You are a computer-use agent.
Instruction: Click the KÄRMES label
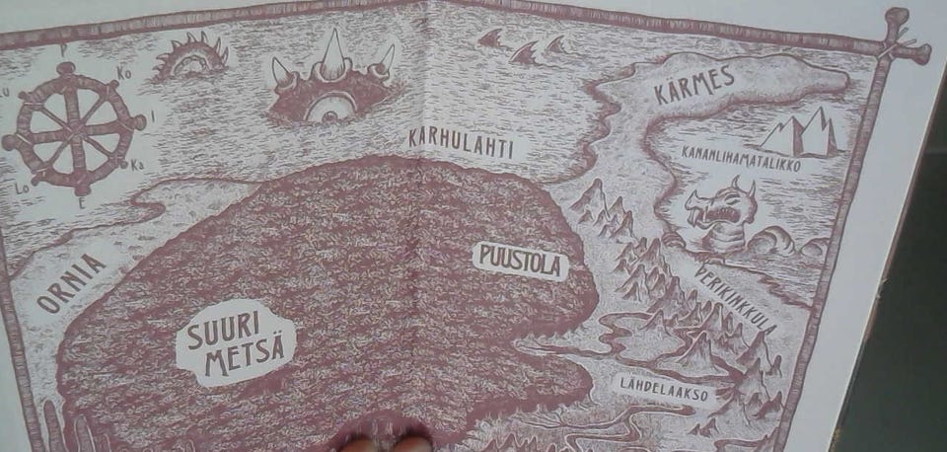[694, 85]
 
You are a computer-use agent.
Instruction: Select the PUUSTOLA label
[520, 261]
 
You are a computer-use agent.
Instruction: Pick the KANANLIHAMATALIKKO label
[741, 158]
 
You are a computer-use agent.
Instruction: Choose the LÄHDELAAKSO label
[663, 382]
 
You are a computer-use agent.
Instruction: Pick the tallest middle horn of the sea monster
[331, 48]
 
